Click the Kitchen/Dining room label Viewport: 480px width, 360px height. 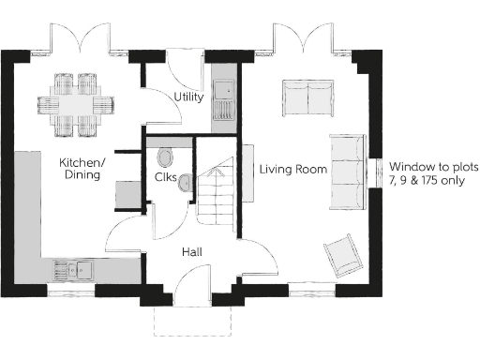83,168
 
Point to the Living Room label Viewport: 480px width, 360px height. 292,170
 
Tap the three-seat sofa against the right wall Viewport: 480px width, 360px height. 348,172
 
